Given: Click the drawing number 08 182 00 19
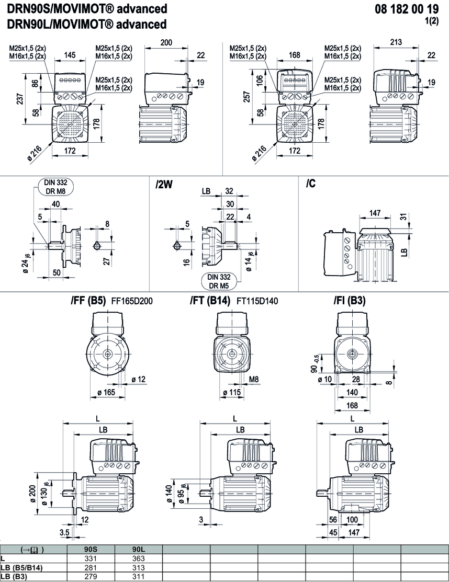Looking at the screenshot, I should [407, 9].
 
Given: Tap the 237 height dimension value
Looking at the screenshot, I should [20, 100].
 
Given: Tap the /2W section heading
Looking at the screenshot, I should [164, 185].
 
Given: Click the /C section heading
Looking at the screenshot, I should [311, 184].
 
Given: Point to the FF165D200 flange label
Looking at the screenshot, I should [132, 301].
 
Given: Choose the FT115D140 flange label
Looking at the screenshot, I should [257, 301].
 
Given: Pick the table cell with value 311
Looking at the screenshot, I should [139, 577].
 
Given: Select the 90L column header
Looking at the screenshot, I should [139, 550].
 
